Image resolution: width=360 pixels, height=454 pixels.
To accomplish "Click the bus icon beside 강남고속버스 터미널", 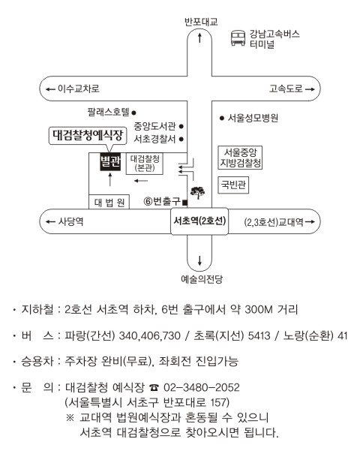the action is [238, 38].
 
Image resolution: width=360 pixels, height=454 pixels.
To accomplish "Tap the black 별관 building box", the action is [110, 161].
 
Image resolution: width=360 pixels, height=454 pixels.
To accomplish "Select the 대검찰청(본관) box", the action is [145, 164].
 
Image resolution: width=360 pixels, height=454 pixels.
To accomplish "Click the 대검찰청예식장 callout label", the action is [88, 136].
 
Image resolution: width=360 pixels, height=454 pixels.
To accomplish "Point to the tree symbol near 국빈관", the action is [198, 192].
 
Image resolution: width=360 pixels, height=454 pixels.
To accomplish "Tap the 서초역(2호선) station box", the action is [199, 221].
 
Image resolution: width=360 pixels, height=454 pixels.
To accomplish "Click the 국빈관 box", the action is [233, 185].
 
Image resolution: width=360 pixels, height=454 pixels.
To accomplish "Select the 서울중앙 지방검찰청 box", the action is [240, 158].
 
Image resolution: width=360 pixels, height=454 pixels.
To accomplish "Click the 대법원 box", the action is [109, 202].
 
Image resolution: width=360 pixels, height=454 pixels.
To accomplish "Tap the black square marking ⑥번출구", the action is [185, 203].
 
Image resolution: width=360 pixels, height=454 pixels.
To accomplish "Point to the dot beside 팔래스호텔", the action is [134, 113].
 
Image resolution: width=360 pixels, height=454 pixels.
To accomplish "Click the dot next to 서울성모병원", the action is [222, 118].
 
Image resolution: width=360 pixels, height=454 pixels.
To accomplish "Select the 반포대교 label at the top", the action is [202, 22].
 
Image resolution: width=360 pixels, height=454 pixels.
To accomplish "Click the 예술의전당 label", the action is [202, 279].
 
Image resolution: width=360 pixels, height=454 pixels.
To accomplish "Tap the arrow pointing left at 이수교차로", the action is [50, 89].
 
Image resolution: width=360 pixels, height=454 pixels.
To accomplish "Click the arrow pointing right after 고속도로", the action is [310, 89].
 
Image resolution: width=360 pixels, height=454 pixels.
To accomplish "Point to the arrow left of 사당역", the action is [50, 222].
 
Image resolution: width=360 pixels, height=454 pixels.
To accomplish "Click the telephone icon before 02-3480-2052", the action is [154, 387].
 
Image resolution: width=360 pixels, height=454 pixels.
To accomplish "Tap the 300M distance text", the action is [259, 310].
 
